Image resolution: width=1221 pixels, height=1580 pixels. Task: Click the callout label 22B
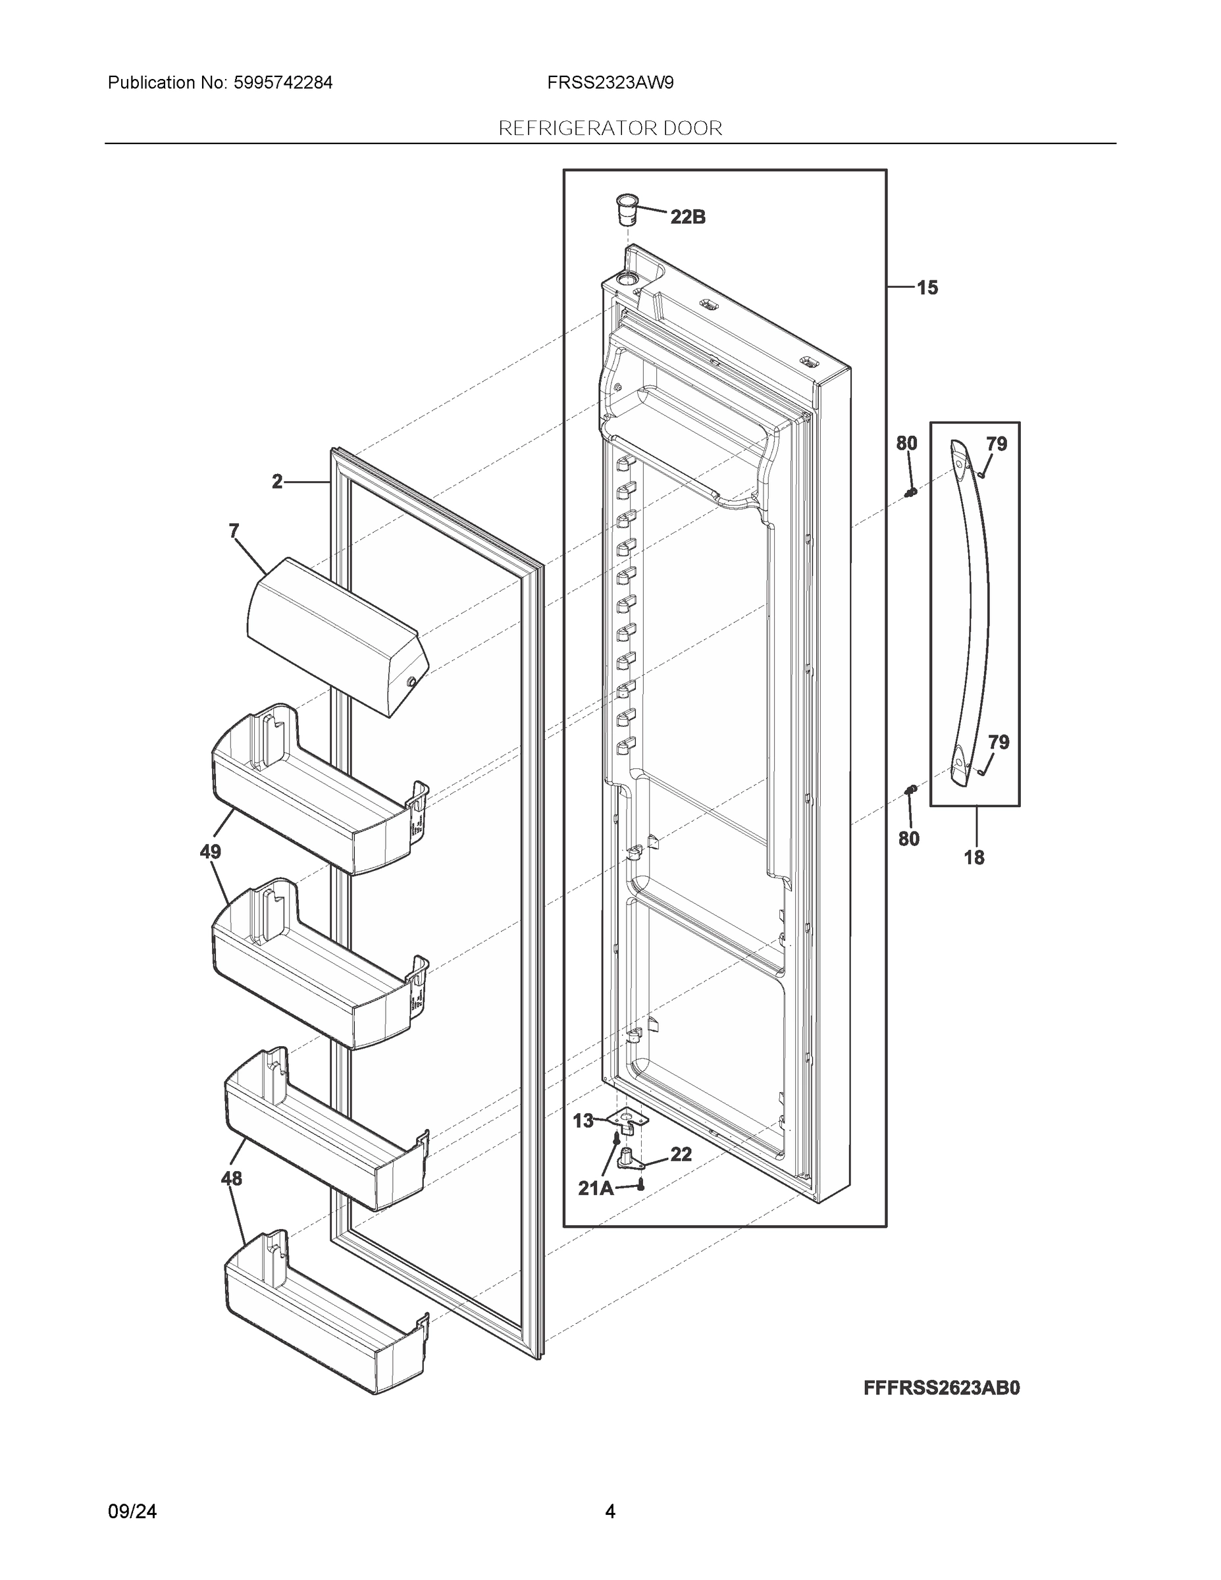(x=687, y=217)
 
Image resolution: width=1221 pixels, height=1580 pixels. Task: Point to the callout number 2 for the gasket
(x=277, y=482)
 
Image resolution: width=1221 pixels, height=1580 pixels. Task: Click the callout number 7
(x=234, y=532)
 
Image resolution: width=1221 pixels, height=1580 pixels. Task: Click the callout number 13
(x=583, y=1121)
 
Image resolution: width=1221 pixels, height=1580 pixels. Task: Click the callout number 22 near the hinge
(x=681, y=1154)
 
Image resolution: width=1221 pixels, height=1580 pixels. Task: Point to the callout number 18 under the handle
(x=974, y=858)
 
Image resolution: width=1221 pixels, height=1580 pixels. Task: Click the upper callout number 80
(x=906, y=444)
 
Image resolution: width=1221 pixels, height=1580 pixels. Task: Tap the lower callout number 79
(x=999, y=742)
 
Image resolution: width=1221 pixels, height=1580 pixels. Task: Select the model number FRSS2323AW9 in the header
(x=610, y=83)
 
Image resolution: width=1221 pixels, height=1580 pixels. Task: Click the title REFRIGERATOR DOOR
(x=610, y=129)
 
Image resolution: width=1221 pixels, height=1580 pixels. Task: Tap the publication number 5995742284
(x=282, y=83)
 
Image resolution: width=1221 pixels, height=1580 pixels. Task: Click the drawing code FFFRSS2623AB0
(x=941, y=1388)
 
